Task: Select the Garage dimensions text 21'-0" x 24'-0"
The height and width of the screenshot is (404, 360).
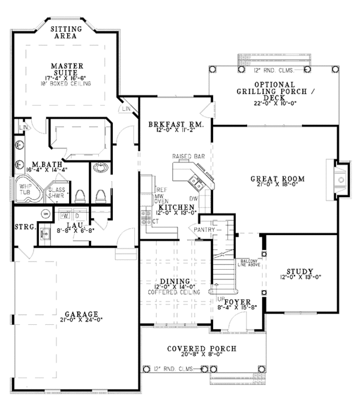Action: pos(79,320)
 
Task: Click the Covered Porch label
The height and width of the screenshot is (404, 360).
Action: pos(202,348)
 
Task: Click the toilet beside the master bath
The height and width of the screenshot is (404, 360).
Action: pos(101,196)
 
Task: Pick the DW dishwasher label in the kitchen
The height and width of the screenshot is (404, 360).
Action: pos(194,198)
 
